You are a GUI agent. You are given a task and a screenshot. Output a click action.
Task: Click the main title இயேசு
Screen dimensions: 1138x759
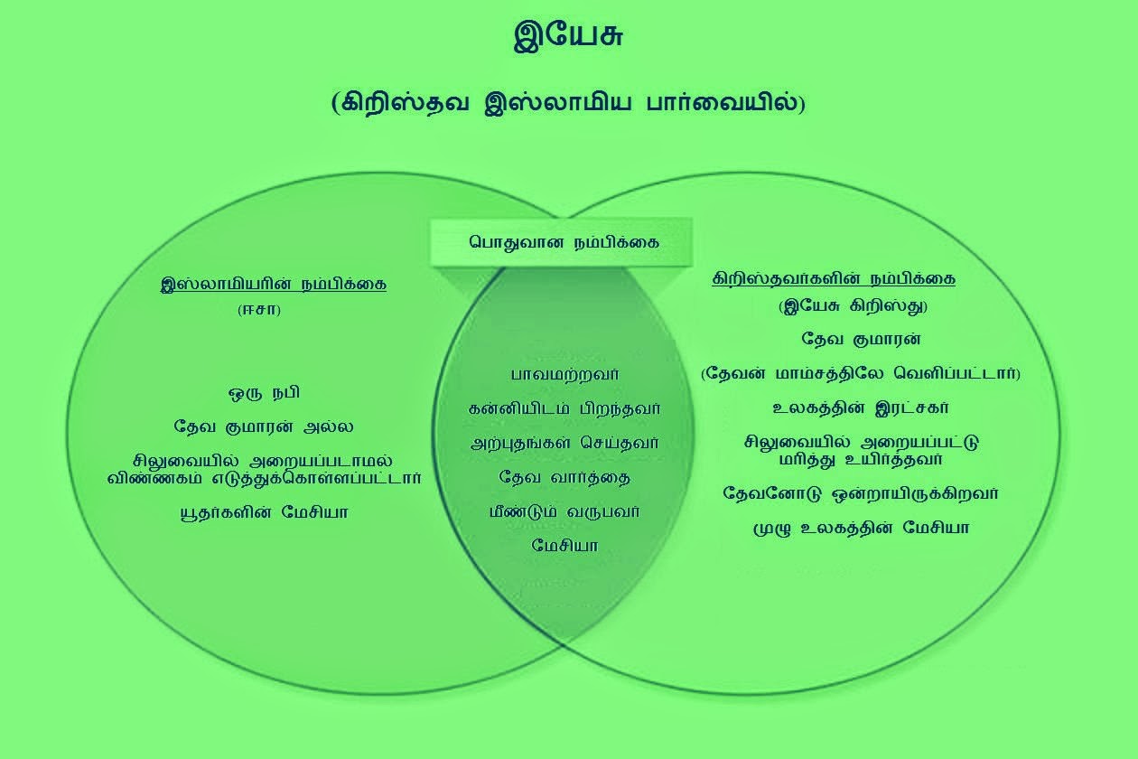[x=568, y=37]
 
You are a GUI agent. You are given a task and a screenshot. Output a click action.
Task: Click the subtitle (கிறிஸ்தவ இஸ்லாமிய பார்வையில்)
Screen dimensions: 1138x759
[x=568, y=102]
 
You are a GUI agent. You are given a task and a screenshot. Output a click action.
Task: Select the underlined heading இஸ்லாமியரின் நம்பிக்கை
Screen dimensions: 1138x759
[x=273, y=284]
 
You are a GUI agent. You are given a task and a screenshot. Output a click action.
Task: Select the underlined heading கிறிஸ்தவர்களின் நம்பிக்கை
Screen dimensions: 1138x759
[x=834, y=278]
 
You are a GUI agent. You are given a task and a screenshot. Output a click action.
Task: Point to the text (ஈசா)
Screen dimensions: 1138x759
[x=259, y=310]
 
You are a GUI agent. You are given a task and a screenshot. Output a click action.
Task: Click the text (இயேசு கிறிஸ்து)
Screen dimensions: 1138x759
[x=853, y=305]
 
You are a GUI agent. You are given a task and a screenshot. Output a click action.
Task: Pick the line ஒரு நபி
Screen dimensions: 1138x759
[x=264, y=393]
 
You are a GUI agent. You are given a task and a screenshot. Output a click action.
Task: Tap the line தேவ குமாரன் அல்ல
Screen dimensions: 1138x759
[x=264, y=426]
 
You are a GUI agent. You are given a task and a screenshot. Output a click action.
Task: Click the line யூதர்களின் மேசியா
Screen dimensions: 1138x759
[x=264, y=512]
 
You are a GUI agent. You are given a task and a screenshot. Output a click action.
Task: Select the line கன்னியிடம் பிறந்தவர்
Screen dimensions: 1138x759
[x=564, y=408]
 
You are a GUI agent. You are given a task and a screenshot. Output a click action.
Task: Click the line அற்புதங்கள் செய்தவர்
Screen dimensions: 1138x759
[x=564, y=443]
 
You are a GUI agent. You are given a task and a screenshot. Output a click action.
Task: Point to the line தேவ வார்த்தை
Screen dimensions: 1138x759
[x=564, y=476]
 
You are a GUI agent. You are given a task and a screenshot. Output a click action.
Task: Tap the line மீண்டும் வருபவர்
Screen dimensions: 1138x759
[x=564, y=511]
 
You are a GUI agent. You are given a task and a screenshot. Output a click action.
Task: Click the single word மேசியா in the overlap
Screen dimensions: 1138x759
[x=564, y=545]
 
